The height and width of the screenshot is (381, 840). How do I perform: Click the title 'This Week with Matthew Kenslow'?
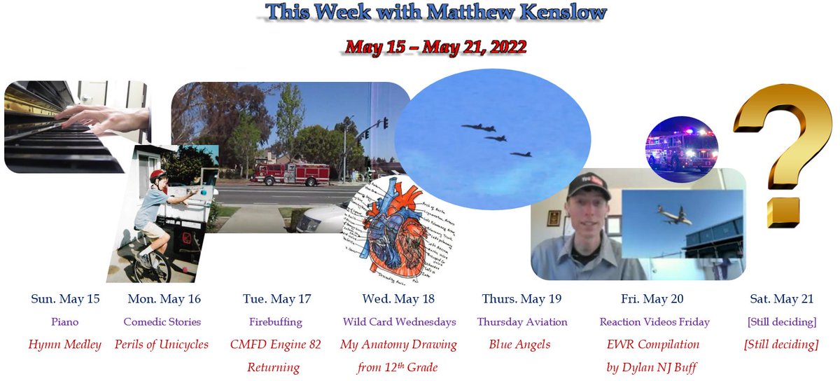[435, 13]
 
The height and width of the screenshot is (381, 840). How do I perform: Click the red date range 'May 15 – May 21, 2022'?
[435, 48]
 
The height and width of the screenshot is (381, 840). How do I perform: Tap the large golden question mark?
[785, 151]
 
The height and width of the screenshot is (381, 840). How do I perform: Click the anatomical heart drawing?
[386, 228]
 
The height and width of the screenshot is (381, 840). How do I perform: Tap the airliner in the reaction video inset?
[673, 214]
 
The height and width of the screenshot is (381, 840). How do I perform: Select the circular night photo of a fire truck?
[682, 149]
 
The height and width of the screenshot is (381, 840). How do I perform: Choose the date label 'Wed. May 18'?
[398, 299]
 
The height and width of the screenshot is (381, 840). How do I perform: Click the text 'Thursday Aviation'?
[521, 322]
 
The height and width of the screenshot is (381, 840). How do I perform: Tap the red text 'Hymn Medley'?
[64, 345]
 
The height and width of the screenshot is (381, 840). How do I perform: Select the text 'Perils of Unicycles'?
[162, 345]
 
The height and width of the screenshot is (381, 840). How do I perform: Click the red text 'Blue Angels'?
[521, 345]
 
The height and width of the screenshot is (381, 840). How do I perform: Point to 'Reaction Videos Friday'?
[654, 322]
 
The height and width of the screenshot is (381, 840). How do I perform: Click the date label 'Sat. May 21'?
[781, 299]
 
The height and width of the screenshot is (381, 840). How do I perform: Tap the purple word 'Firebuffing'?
[276, 322]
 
